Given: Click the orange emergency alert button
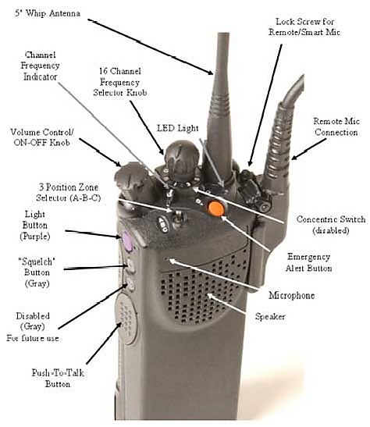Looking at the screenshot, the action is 216,208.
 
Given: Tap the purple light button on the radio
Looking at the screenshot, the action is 126,240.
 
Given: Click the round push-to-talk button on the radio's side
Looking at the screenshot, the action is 126,318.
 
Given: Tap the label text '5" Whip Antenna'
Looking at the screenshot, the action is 48,13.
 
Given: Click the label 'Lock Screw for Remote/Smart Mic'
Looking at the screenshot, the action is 304,27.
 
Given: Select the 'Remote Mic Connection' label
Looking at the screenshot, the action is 336,126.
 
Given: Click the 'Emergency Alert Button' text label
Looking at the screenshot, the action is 309,262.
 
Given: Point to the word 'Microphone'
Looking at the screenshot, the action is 292,296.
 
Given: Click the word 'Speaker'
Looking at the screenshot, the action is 270,316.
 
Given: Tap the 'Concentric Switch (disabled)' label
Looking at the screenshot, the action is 331,225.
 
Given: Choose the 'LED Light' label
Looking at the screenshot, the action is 177,128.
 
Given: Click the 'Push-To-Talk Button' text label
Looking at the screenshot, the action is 58,379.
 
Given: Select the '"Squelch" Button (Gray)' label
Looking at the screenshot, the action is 37,272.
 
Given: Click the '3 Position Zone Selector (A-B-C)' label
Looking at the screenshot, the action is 69,192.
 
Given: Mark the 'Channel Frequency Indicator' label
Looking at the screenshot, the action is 40,66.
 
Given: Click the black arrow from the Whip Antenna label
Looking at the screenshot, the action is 151,47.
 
